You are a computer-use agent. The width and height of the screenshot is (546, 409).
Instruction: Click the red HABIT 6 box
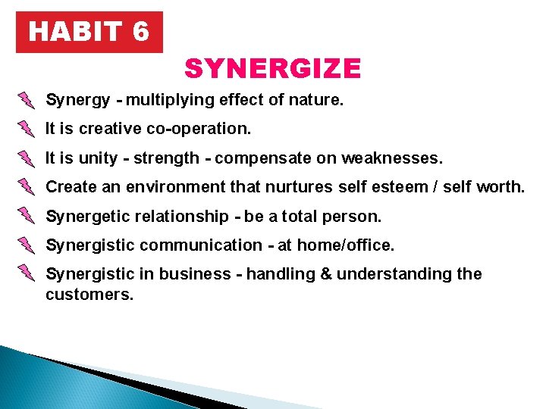(89, 32)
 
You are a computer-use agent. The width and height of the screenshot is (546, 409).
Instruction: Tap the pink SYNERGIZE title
(272, 69)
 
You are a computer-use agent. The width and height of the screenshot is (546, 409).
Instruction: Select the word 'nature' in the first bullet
(315, 100)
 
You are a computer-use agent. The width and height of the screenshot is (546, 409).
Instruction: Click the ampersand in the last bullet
(327, 274)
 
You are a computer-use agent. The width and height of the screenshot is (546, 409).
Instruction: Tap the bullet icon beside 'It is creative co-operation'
(27, 129)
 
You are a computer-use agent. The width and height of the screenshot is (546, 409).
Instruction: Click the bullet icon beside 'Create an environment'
(27, 187)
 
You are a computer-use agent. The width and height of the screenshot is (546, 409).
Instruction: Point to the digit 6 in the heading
(140, 32)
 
